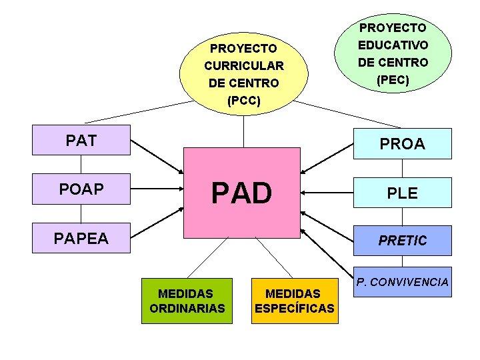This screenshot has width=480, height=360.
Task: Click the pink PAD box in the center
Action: pos(242,193)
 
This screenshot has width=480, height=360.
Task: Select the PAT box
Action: pos(81,141)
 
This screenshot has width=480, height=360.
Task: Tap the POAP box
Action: pos(81,189)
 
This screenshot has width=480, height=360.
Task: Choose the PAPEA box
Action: pos(81,238)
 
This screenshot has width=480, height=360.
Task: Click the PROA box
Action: pos(402,143)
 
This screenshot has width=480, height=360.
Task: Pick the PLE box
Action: pos(402,193)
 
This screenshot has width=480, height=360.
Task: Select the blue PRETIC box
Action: pos(402,240)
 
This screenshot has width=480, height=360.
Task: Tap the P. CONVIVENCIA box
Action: pos(402,283)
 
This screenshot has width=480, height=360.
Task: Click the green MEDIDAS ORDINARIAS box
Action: pos(187,301)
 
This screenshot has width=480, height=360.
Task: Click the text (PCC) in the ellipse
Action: pos(244,101)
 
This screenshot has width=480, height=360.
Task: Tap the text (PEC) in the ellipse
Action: pos(393,80)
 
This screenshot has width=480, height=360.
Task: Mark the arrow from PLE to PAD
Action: pos(327,193)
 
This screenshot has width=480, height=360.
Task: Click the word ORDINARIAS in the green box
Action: pos(187,309)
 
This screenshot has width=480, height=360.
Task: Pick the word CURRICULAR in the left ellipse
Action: pos(244,66)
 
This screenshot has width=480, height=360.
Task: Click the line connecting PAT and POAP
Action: pos(81,165)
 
